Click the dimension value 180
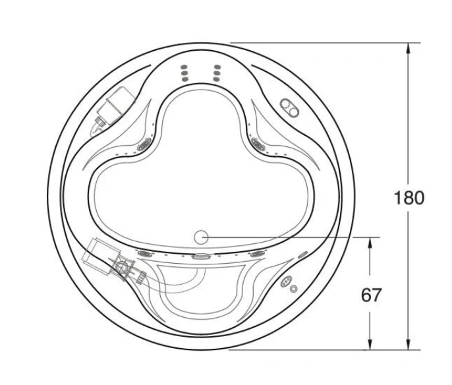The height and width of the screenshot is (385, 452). [409, 198]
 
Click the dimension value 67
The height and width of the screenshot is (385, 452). [371, 295]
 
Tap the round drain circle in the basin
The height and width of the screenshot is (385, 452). [201, 237]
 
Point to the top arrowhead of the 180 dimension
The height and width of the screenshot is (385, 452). [408, 48]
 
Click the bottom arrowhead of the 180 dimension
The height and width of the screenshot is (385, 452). [408, 345]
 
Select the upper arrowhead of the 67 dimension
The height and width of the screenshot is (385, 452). [370, 243]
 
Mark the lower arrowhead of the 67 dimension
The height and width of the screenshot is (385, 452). [370, 345]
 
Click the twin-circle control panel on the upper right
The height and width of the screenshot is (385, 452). [289, 108]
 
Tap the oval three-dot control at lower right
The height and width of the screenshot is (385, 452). [286, 281]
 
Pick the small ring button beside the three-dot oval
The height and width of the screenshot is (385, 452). [293, 289]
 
